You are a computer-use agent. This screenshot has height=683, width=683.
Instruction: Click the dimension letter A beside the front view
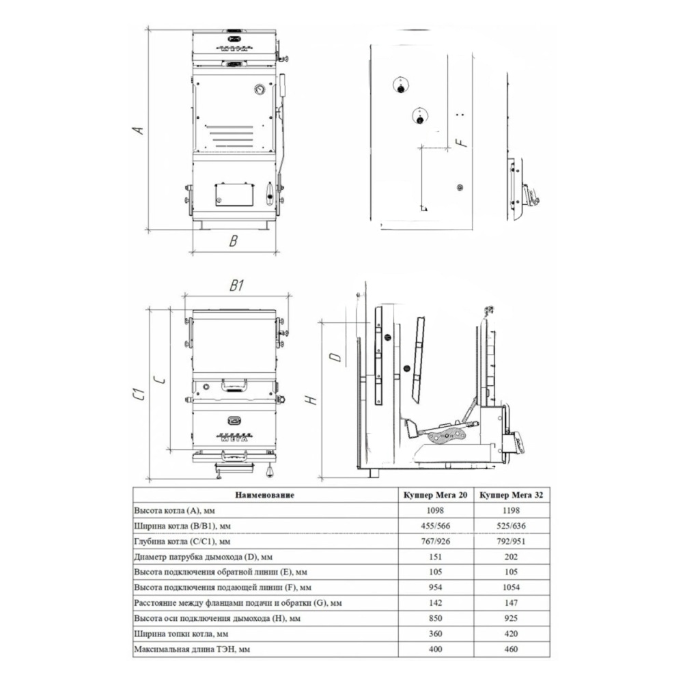click(x=138, y=129)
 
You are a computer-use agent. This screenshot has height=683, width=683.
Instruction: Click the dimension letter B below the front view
click(x=234, y=241)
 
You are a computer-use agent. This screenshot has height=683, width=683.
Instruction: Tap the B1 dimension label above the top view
click(x=236, y=285)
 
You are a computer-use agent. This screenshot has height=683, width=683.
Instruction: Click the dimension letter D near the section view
click(x=336, y=358)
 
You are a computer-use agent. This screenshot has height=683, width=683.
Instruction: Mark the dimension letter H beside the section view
click(x=312, y=400)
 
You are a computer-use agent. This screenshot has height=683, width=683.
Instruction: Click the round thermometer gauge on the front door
click(x=259, y=89)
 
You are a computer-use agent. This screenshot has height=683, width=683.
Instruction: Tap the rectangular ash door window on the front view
click(x=234, y=195)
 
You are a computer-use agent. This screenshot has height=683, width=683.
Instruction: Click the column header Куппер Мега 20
click(x=435, y=494)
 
